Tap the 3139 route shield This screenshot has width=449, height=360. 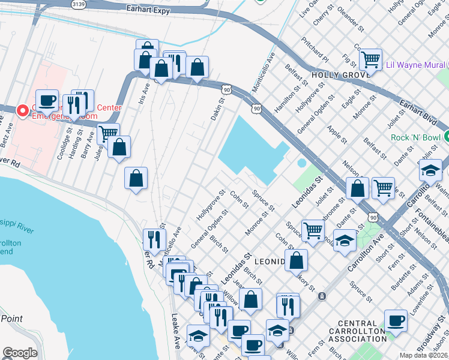click(x=77, y=4)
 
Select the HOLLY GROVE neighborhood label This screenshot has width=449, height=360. click(x=339, y=76)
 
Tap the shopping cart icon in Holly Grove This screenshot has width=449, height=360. click(x=371, y=59)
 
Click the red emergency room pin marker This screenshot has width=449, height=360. click(x=23, y=110)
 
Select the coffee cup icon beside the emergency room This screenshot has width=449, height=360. click(x=47, y=100)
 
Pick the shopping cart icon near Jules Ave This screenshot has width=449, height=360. click(x=108, y=133)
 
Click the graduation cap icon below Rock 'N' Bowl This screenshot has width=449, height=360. click(x=431, y=170)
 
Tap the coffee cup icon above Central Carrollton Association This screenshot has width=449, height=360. click(x=396, y=320)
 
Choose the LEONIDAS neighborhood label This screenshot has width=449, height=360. click(x=273, y=262)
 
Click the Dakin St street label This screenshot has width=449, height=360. click(x=217, y=109)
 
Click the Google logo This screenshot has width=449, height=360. click(x=20, y=353)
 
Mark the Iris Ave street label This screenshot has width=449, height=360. click(x=145, y=94)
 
